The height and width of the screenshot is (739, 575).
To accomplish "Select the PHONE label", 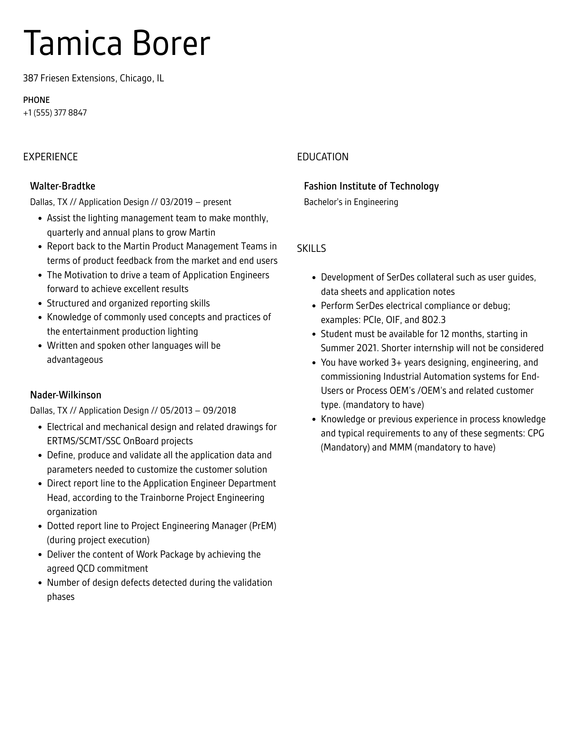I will (x=36, y=100).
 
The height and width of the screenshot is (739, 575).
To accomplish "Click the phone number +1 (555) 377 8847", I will (x=55, y=113).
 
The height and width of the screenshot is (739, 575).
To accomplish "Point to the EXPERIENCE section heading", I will (x=50, y=157).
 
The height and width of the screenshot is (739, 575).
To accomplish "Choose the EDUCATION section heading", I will (x=322, y=157).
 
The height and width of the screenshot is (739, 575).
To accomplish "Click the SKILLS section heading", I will (x=311, y=249).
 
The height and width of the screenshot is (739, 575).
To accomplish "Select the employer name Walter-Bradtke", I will (x=63, y=186).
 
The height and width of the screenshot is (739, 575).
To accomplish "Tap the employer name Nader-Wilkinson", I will (x=66, y=395).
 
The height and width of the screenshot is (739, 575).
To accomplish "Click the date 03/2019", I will (x=176, y=202).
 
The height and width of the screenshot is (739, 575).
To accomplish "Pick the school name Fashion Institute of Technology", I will (x=371, y=186).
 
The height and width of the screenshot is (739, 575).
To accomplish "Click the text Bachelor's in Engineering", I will (x=351, y=202).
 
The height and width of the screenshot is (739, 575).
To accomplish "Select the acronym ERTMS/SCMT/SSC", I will (x=84, y=441).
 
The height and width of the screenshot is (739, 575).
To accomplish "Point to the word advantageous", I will (x=75, y=360).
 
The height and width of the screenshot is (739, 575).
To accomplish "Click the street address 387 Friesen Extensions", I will (x=69, y=78).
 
